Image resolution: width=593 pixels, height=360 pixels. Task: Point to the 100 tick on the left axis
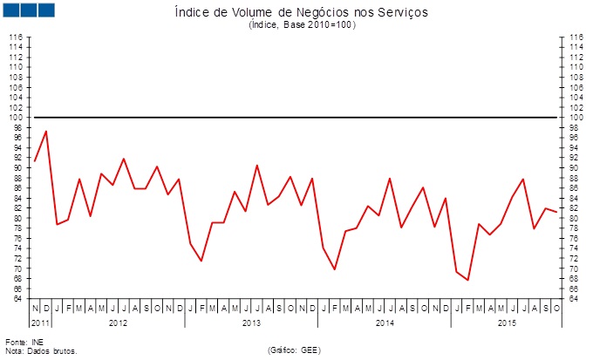coord(15,117)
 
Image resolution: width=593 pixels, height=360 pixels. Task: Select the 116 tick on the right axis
coord(576,37)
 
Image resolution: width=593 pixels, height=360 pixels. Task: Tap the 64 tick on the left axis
coord(17,298)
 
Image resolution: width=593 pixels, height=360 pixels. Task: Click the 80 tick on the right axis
coord(576,218)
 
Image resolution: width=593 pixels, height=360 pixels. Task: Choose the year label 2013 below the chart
coord(251,323)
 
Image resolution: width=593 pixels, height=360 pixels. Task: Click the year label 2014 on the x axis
coord(384,323)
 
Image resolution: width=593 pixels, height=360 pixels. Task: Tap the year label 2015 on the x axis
coord(506,323)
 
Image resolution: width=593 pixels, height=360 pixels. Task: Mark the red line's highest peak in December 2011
coord(45,131)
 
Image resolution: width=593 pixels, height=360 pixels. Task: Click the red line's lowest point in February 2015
coord(468,280)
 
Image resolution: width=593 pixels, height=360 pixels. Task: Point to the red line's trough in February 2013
coord(201,261)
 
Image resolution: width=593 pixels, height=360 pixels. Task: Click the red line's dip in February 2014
coord(335,269)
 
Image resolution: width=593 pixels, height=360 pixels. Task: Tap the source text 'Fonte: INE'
coord(24,342)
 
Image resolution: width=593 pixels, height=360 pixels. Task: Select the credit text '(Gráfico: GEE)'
coord(296,350)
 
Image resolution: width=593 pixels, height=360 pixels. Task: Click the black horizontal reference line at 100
coord(296,117)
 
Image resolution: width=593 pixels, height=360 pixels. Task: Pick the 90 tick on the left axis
coord(17,167)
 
